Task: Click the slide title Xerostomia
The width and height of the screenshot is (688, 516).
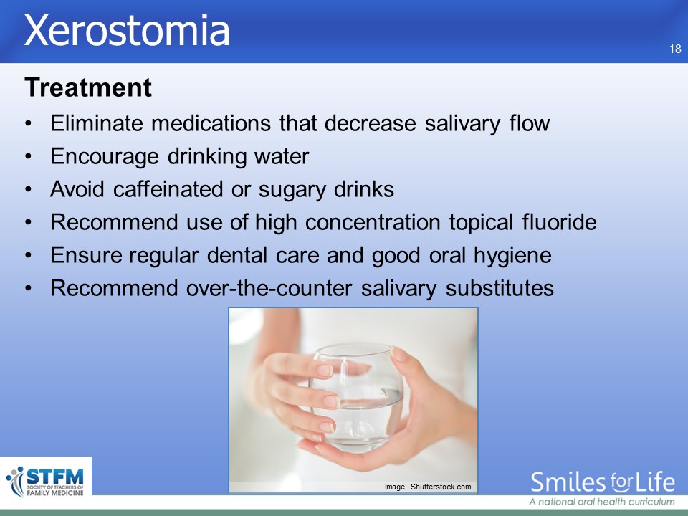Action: click(127, 30)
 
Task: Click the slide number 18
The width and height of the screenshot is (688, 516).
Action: click(675, 49)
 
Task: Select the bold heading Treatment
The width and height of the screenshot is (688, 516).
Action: click(88, 87)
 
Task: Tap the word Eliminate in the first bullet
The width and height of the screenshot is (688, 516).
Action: click(97, 123)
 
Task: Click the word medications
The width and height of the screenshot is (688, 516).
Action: click(211, 123)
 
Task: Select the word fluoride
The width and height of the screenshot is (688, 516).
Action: click(559, 222)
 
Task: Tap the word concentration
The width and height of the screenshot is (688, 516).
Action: click(373, 222)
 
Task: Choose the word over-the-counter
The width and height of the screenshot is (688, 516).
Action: click(269, 288)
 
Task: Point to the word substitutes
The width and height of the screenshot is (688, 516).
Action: click(500, 288)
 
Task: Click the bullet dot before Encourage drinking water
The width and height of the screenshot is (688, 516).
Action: click(29, 157)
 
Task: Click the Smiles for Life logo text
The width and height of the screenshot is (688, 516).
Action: click(603, 482)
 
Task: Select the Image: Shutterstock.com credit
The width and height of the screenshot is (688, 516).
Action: click(428, 487)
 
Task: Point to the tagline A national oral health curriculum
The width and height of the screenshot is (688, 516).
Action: click(601, 502)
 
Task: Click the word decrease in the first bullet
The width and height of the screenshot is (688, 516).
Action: click(371, 123)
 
